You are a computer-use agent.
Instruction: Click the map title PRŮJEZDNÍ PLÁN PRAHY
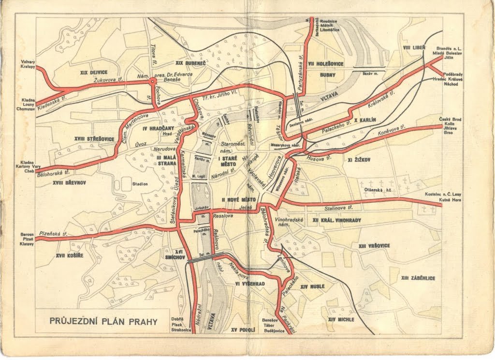click(x=103, y=321)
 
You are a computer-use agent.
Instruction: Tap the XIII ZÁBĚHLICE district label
click(x=418, y=278)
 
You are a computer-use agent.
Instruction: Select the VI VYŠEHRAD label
click(x=250, y=284)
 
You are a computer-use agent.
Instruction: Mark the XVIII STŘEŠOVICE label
click(x=94, y=139)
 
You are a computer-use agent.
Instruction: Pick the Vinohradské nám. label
click(x=289, y=222)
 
